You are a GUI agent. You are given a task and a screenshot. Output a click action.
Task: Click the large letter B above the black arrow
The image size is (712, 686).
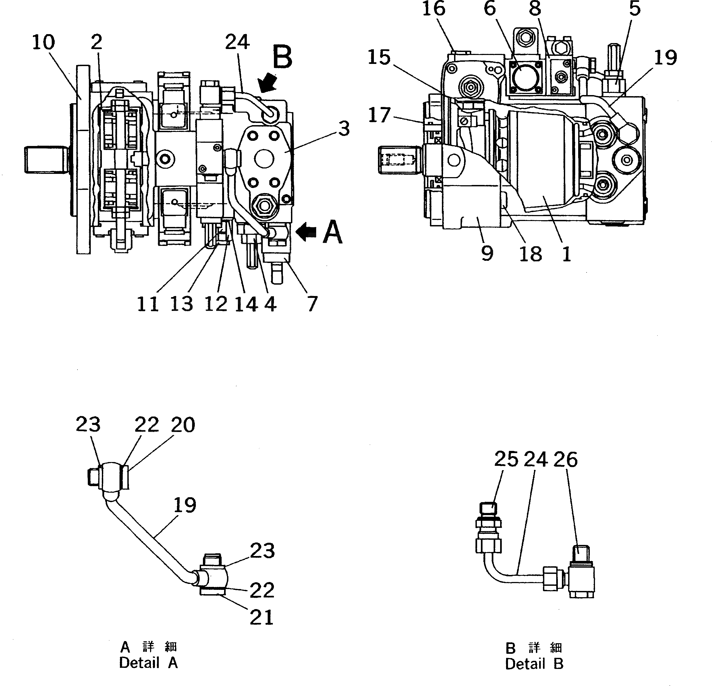(282, 58)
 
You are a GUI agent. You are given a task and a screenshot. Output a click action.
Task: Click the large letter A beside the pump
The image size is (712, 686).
(332, 233)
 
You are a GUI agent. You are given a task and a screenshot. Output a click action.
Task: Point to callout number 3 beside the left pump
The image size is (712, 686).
(344, 129)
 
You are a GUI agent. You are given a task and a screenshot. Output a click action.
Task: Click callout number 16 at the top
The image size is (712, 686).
(434, 8)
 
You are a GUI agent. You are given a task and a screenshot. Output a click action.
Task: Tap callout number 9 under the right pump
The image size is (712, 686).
(487, 253)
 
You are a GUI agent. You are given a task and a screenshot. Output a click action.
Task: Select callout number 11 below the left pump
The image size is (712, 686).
(148, 304)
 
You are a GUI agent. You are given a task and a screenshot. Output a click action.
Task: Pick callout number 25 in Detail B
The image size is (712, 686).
(506, 459)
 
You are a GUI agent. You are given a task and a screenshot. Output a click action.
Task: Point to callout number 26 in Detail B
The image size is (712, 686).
(565, 459)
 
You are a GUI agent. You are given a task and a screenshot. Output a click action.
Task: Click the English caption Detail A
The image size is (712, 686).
(148, 663)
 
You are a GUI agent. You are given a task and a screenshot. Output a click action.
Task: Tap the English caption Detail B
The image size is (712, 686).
(534, 664)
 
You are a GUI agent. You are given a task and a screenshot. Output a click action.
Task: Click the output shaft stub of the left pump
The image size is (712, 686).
(46, 159)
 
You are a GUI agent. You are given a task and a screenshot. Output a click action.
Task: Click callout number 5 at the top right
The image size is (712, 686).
(634, 8)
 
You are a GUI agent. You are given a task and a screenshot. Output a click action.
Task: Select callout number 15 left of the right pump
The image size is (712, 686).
(379, 57)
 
